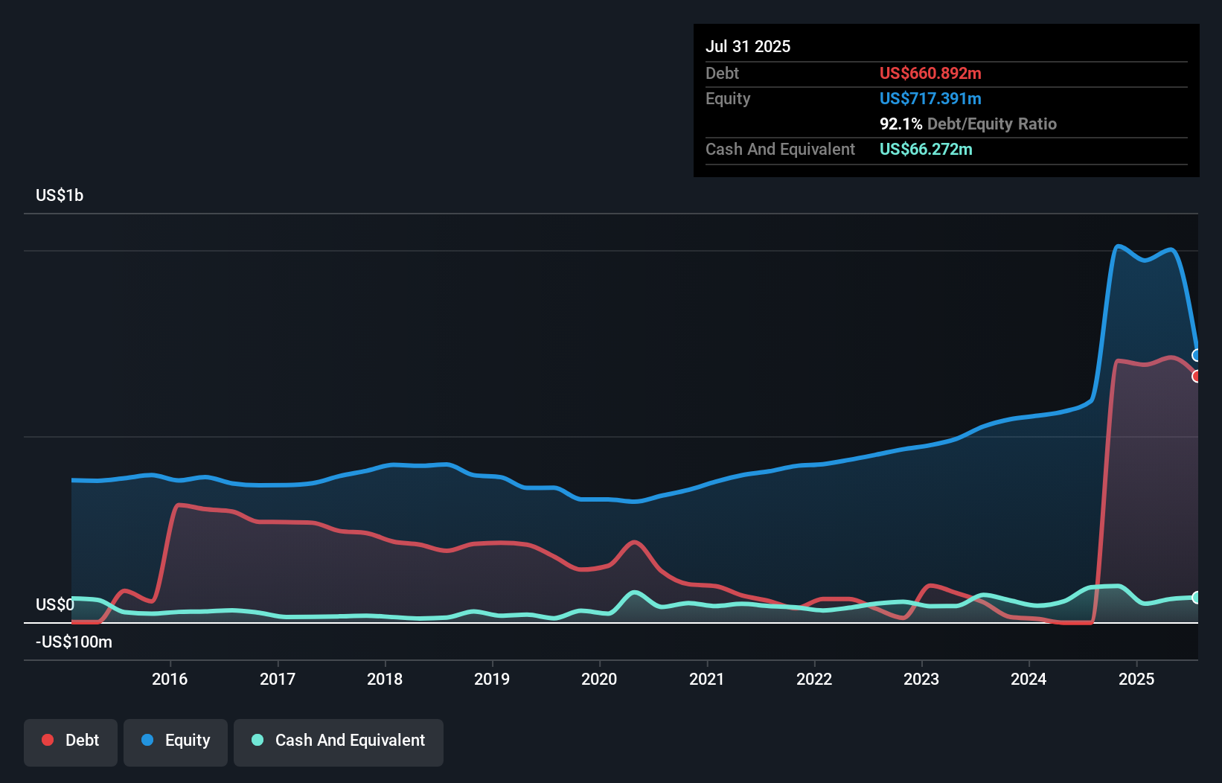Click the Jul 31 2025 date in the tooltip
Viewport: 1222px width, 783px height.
[747, 46]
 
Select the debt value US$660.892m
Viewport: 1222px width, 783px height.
[930, 73]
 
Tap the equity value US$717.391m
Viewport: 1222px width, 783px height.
[930, 98]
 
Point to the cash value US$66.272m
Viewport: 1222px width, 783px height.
[925, 149]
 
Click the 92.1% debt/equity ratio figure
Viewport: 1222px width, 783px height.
[900, 124]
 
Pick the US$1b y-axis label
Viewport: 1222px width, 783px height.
[60, 195]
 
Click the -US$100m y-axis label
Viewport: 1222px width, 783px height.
[74, 642]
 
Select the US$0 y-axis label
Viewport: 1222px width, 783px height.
[55, 604]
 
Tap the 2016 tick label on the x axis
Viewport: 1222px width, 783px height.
[170, 679]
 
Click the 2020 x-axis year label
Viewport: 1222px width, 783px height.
[599, 679]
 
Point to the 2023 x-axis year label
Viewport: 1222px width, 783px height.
[921, 679]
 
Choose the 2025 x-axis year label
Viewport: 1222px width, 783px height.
[1136, 679]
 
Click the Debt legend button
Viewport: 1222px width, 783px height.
[71, 740]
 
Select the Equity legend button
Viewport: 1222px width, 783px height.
[176, 740]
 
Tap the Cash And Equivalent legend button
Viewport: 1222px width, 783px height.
[339, 740]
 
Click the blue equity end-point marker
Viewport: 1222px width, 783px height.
[1197, 355]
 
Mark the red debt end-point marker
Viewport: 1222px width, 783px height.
[1197, 376]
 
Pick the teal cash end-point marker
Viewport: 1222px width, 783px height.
[1197, 597]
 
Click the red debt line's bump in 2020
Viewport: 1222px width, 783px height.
[634, 543]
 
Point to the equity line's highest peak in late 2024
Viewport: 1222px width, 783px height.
[1118, 246]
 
